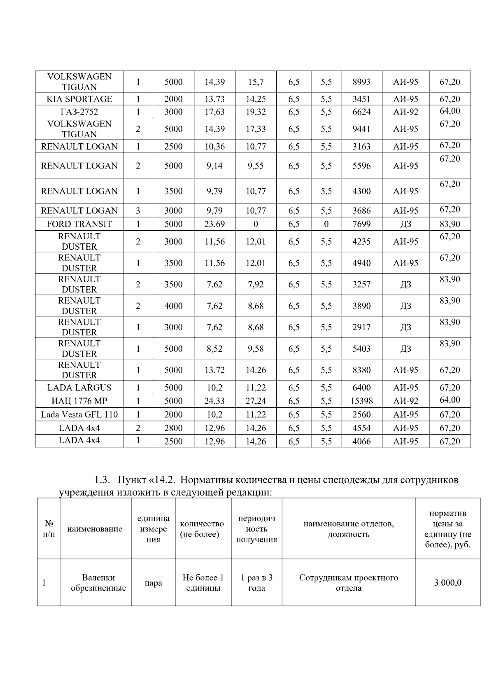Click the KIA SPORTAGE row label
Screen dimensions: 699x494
(x=79, y=99)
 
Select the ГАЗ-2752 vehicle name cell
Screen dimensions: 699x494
(x=79, y=112)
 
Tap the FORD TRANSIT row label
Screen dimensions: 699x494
(x=79, y=224)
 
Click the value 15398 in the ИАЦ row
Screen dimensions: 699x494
(x=361, y=401)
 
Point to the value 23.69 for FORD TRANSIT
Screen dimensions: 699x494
(x=214, y=224)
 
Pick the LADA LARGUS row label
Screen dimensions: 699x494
(x=79, y=388)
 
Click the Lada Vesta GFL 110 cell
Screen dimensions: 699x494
(x=79, y=414)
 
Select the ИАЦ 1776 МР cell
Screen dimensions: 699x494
(x=79, y=401)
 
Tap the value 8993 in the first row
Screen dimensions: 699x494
(x=361, y=82)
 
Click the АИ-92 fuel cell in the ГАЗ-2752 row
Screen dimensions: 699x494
(x=405, y=112)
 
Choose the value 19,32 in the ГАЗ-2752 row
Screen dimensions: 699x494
(x=256, y=112)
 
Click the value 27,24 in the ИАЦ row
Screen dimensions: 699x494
(x=256, y=401)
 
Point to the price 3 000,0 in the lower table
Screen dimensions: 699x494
(x=447, y=583)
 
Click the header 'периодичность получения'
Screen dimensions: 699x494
(x=256, y=529)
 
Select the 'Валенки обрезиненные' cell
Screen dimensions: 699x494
(x=98, y=583)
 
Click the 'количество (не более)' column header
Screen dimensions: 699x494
(x=202, y=529)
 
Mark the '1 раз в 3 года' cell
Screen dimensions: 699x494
(x=256, y=583)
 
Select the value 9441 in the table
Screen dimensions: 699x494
(x=361, y=129)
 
